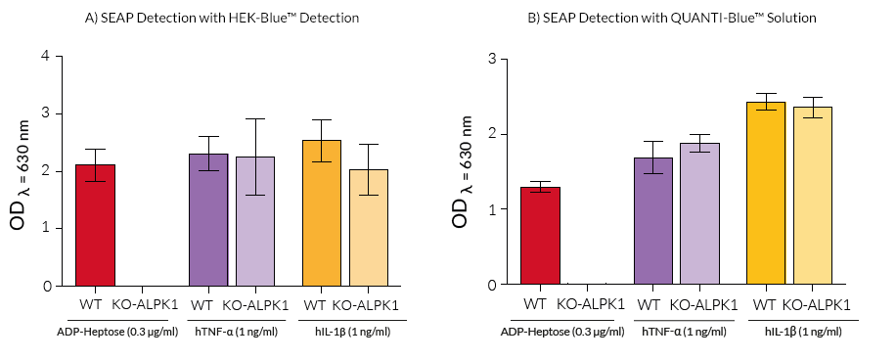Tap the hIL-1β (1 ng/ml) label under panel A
click(x=353, y=332)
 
